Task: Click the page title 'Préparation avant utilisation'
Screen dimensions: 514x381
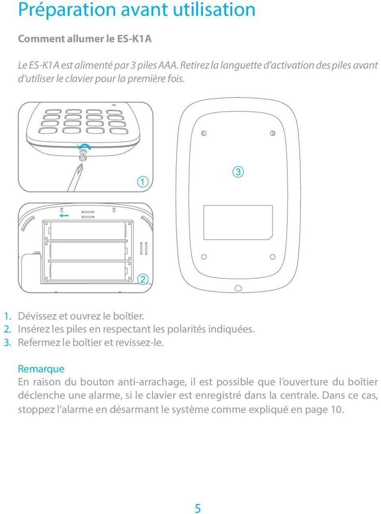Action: (137, 10)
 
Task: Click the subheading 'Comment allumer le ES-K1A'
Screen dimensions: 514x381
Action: (85, 39)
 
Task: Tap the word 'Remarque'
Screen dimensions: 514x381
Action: (41, 369)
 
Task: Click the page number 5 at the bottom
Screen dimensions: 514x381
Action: (197, 508)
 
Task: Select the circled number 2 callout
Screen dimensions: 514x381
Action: (142, 279)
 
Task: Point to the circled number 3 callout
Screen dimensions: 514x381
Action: (237, 172)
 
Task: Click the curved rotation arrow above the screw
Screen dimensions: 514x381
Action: (85, 147)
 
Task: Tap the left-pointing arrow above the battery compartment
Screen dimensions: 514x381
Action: (64, 216)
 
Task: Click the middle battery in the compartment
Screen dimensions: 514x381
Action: (87, 251)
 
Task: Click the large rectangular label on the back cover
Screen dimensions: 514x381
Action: (238, 222)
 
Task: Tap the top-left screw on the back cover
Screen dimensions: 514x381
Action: (203, 133)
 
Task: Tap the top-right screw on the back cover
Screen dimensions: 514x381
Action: (273, 133)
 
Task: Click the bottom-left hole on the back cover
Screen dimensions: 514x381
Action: (204, 257)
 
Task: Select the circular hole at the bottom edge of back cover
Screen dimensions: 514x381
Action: (238, 288)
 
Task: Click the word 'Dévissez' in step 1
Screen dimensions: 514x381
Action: (37, 316)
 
